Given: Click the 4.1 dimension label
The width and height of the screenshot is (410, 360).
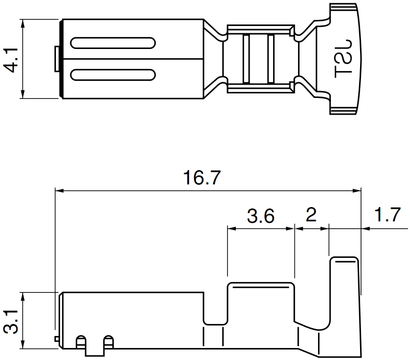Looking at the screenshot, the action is tap(11, 60).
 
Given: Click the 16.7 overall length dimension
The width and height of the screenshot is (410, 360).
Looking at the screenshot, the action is tap(202, 177).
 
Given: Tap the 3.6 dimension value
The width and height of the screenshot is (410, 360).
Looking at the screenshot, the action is tap(261, 216).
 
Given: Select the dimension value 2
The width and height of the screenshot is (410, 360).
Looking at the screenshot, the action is tap(311, 215).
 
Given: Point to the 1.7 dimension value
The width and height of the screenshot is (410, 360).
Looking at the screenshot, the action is tap(387, 214).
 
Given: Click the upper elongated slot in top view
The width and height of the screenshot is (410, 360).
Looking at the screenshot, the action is tap(113, 43).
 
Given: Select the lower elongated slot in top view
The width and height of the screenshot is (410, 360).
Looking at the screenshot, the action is tap(113, 75).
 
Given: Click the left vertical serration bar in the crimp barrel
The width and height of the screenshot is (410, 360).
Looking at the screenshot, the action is tap(246, 59).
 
